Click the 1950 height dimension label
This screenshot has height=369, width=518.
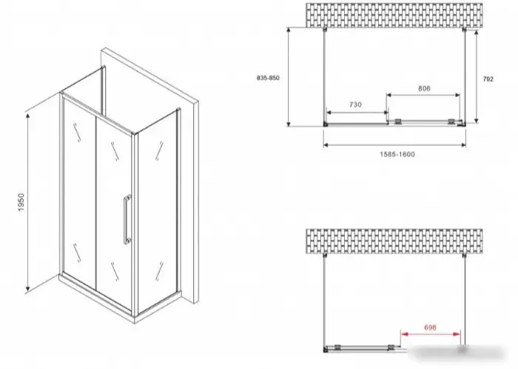[21, 202]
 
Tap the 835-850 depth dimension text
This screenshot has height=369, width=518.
[268, 78]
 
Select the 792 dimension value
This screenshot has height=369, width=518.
[488, 79]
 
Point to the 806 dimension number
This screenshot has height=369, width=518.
[424, 88]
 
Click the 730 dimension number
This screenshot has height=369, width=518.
[355, 104]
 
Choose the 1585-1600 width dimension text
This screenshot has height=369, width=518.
[397, 154]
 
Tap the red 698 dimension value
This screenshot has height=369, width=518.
[430, 328]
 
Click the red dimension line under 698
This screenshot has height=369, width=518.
[431, 334]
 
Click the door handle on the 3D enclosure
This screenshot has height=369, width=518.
[127, 219]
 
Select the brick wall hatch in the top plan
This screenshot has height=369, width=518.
[394, 16]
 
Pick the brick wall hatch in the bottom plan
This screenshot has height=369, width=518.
[394, 241]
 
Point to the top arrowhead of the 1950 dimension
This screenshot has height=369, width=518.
[28, 115]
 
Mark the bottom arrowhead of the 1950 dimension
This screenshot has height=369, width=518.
[28, 290]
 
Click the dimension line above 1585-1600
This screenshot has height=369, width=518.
[394, 144]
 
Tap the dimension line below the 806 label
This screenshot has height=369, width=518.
[423, 96]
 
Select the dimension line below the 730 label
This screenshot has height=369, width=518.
[357, 113]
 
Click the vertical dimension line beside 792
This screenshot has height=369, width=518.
[476, 77]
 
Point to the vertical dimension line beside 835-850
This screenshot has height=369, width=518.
[289, 77]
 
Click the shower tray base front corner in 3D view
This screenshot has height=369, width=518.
[135, 320]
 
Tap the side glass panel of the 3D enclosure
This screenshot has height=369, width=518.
[157, 212]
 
